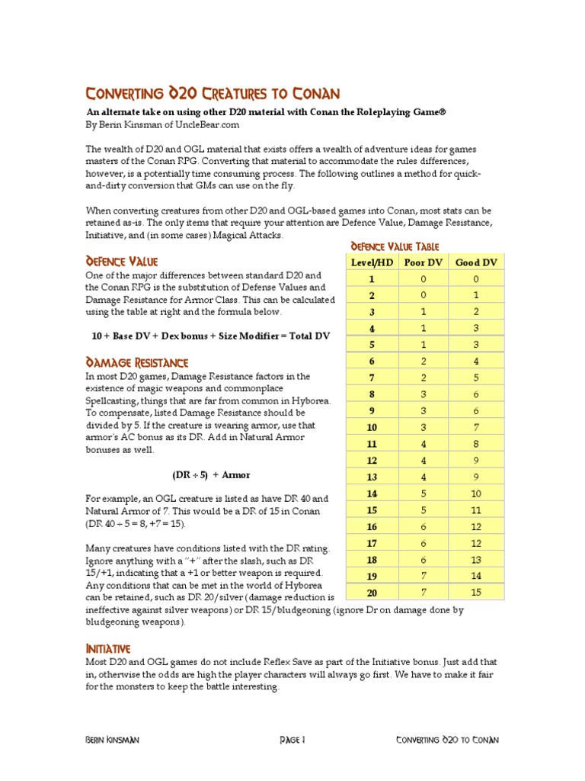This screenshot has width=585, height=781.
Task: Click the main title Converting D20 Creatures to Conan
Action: [x=213, y=94]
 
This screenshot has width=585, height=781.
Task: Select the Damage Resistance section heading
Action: [x=137, y=362]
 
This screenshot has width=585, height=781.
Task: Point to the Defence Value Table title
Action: [x=395, y=246]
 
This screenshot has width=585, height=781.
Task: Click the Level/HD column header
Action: [x=372, y=262]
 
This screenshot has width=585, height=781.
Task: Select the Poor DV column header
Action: [x=424, y=262]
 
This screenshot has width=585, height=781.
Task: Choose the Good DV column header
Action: [x=476, y=262]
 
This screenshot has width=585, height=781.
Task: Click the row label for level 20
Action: [x=372, y=593]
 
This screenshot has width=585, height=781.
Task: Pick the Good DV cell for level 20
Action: [x=476, y=593]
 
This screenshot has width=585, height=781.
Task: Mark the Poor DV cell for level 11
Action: [x=424, y=444]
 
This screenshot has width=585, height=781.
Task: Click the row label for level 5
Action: [x=372, y=345]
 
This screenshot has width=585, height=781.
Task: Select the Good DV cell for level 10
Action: [x=476, y=427]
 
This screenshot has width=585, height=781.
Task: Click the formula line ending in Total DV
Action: [x=210, y=336]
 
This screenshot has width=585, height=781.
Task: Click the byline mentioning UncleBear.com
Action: [x=156, y=124]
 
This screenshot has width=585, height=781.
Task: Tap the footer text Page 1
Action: [x=292, y=740]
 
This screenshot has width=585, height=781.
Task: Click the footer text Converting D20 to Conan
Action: [x=448, y=740]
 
